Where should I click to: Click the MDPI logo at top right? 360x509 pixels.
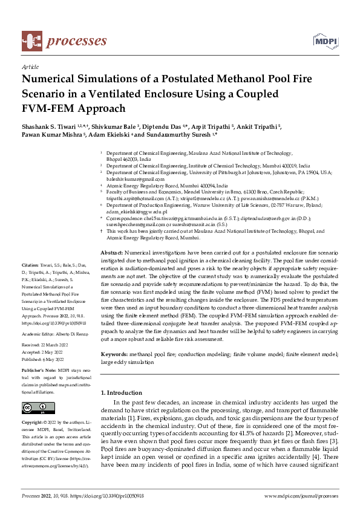pyautogui.click(x=325, y=41)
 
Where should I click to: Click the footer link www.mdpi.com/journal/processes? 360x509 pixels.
pyautogui.click(x=301, y=495)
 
